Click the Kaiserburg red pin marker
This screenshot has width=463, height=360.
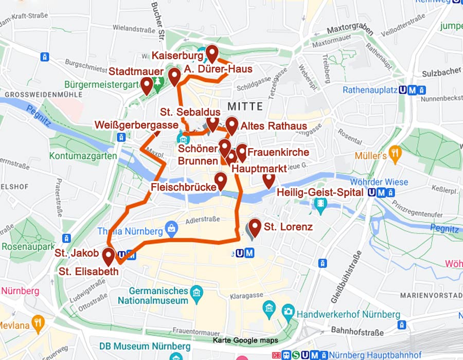click(211, 53)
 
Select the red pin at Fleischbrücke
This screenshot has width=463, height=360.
click(221, 180)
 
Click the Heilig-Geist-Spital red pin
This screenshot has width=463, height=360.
click(269, 179)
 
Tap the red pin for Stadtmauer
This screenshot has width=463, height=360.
click(147, 85)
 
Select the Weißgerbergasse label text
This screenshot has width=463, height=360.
click(136, 125)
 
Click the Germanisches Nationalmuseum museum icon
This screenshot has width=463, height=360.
click(196, 293)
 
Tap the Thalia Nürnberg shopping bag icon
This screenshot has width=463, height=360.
click(171, 227)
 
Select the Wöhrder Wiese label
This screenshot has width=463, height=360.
click(379, 182)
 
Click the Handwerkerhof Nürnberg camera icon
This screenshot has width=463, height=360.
click(288, 311)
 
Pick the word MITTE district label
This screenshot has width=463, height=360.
click(245, 106)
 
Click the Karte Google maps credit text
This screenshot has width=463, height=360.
click(245, 340)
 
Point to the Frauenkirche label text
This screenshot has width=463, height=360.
click(278, 152)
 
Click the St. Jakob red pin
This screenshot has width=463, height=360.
click(108, 256)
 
